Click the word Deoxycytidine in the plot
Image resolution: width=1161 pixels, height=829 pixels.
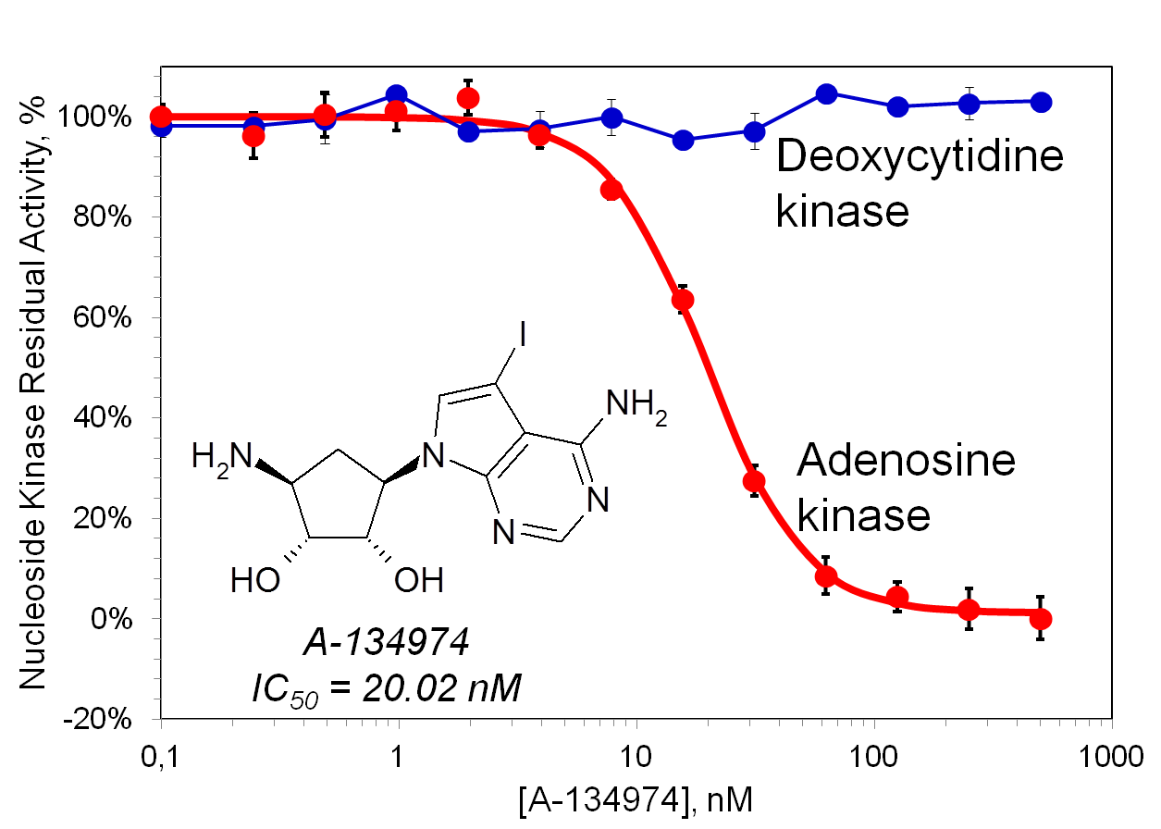920,158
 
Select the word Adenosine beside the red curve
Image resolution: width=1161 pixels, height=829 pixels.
906,460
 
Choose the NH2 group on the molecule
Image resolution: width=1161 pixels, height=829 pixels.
636,406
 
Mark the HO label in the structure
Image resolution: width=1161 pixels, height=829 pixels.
255,580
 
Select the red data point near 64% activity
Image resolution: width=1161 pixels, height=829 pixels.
683,300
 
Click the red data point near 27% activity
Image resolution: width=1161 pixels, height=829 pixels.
754,481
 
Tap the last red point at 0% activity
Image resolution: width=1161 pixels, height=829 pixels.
1041,619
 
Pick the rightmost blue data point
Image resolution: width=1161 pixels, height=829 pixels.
1041,102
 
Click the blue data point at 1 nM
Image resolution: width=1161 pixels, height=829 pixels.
397,94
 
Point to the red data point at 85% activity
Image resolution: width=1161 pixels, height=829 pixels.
611,191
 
